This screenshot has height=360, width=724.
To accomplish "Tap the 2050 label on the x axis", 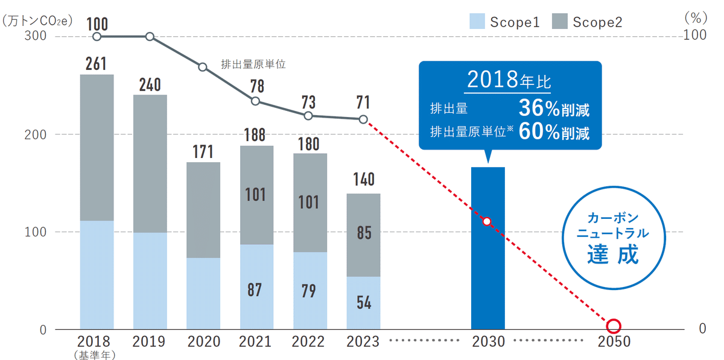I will [614, 342].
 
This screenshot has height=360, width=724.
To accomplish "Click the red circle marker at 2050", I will [614, 326].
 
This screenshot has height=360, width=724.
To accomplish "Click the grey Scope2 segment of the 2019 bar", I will [150, 163].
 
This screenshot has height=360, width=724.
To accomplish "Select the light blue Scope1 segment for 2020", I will [203, 294].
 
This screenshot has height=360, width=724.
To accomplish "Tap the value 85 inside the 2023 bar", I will [363, 233].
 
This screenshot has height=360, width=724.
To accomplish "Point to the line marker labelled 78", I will [256, 101].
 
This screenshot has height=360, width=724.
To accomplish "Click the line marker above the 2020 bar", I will [203, 67].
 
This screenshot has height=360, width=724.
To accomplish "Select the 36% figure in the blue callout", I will [539, 109].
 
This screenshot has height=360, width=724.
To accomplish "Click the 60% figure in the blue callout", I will [539, 132].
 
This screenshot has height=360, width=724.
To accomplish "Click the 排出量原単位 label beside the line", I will [253, 64].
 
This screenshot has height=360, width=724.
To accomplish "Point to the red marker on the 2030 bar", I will [487, 221].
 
